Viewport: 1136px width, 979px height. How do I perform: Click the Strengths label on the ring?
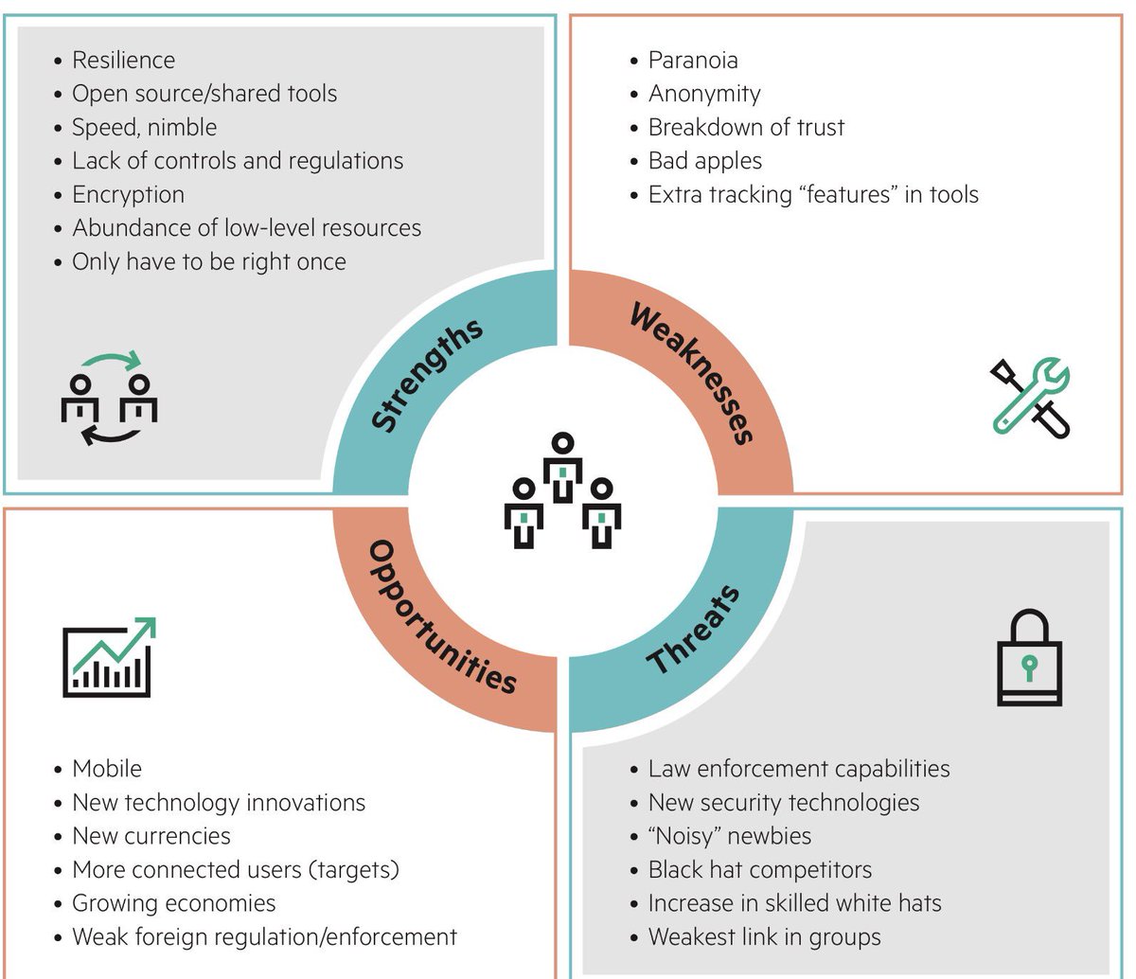coord(427,376)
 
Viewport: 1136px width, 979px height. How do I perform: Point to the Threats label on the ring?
coord(694,630)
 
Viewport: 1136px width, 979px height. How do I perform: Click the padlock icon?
coord(1029,658)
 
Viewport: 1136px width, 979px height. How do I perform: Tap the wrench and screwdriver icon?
coord(1031,397)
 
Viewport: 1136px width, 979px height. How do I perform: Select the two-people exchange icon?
coord(109,398)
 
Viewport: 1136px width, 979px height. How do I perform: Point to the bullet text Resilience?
coord(123,60)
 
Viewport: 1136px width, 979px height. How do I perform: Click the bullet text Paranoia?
coord(693,60)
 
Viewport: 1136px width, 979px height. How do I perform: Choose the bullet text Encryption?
coord(128,194)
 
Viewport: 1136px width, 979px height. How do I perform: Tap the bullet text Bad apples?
coord(704,161)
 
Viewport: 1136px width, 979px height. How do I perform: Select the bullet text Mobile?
coord(107,769)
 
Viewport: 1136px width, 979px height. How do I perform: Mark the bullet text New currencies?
coord(151,836)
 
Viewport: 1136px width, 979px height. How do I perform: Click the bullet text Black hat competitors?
coord(759,869)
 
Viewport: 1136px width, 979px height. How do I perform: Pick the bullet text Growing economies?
coord(174,903)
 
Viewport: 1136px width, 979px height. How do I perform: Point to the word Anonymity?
coord(704,94)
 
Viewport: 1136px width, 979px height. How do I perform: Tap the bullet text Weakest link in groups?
coord(764,937)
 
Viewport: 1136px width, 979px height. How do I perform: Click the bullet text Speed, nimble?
coord(144,127)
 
